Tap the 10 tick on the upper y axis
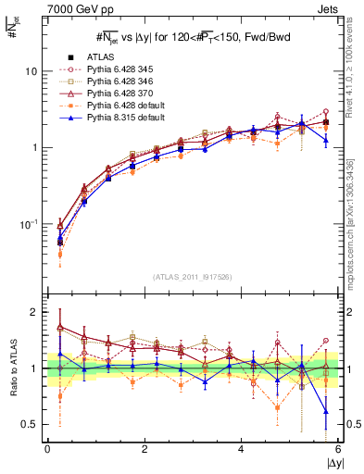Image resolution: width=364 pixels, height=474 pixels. (31, 71)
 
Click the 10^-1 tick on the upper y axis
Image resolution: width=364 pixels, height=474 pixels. (30, 224)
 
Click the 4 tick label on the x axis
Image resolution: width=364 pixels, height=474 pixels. (241, 448)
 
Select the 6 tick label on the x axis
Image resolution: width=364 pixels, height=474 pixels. (337, 448)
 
